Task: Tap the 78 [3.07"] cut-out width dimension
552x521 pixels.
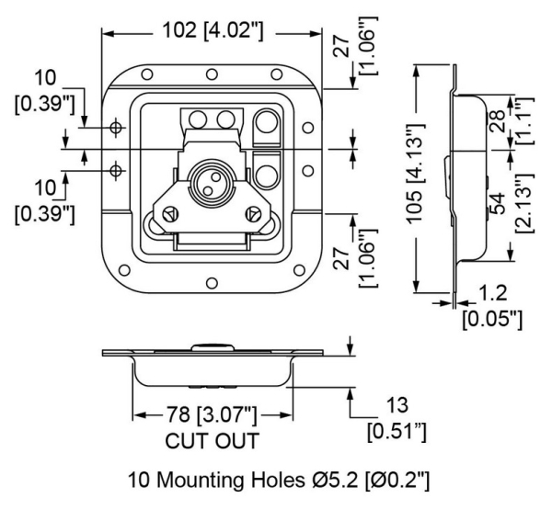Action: tap(212, 414)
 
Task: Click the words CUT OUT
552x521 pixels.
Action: tap(211, 440)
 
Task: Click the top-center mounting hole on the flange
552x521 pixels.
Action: tap(211, 74)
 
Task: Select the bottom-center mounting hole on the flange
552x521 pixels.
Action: tap(211, 281)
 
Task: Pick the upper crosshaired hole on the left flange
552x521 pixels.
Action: tap(115, 127)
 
